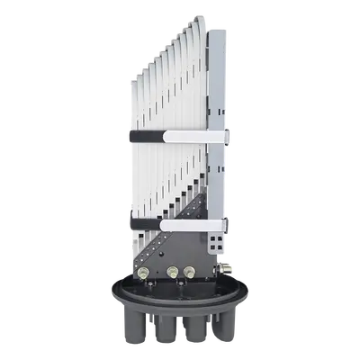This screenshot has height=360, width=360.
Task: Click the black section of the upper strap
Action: (x=144, y=136)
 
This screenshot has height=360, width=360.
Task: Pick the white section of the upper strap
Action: (x=193, y=136)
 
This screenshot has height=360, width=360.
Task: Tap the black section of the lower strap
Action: (x=144, y=220)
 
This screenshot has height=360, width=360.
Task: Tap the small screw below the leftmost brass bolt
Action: (x=143, y=287)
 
